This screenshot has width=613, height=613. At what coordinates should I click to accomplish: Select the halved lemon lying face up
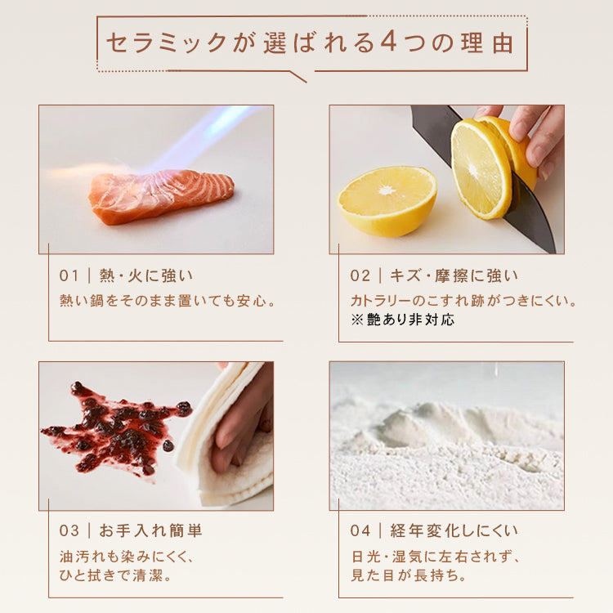click(x=387, y=199)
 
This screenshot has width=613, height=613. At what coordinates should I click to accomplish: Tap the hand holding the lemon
click(x=535, y=131)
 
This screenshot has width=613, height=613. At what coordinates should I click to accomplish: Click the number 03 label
click(x=69, y=530)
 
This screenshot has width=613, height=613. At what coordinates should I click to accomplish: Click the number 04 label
click(x=360, y=530)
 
